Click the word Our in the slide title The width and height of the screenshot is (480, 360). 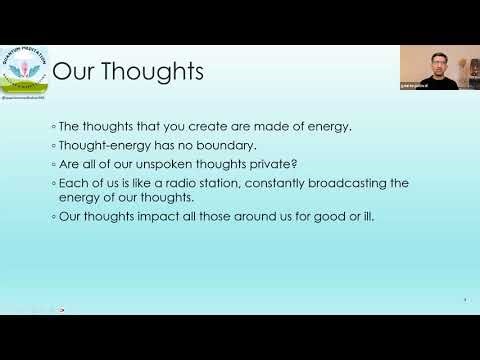73,72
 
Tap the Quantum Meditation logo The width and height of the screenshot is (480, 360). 24,69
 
